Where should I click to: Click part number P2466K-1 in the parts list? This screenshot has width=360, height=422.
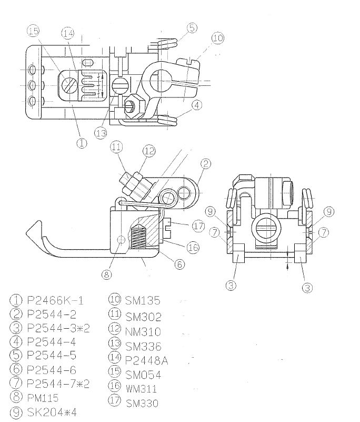tap(55, 300)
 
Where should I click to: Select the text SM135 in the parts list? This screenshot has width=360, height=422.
tap(142, 300)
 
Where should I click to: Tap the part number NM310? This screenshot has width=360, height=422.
tap(143, 331)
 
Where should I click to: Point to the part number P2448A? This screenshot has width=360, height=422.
tap(146, 360)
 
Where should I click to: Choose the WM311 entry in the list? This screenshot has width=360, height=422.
tap(141, 389)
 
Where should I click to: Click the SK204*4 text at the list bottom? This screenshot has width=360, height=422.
tap(52, 412)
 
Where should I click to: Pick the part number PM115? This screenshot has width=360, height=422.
tap(43, 398)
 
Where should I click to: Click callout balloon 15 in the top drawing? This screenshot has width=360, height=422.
tap(33, 32)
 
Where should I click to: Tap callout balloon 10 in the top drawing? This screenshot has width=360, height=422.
tap(217, 38)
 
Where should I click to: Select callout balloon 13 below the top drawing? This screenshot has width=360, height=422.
tap(101, 133)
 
